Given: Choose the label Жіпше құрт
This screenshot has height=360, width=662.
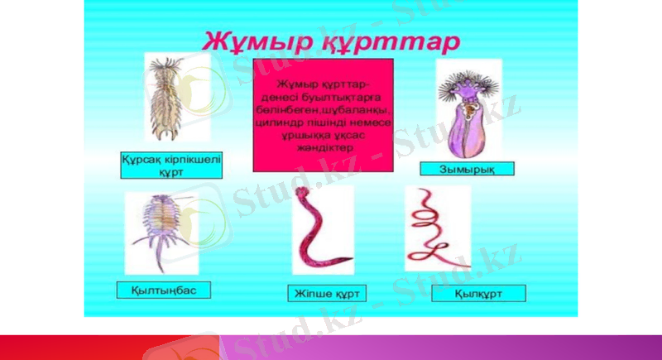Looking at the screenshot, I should [327, 293].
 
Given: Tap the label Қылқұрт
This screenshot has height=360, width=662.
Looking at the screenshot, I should [467, 293].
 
